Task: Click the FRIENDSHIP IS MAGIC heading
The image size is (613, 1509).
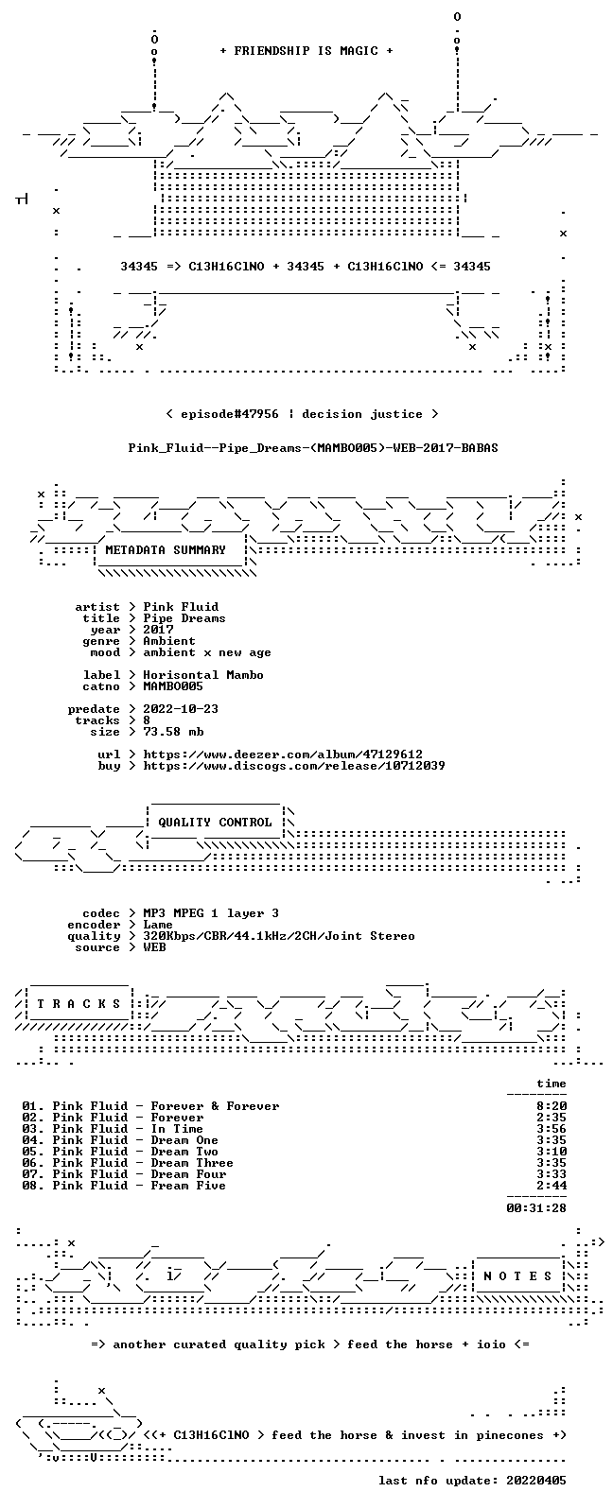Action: point(306,50)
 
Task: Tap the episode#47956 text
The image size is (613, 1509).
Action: point(229,413)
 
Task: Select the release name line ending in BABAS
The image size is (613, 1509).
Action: point(313,447)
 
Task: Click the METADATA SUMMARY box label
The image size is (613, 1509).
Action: point(166,549)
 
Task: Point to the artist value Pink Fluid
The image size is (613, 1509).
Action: point(181,606)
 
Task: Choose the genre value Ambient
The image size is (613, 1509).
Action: point(169,641)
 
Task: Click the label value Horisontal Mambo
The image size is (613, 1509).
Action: point(203,674)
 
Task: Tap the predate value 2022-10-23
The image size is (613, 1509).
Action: point(181,709)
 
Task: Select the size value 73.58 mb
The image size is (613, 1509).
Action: point(173,732)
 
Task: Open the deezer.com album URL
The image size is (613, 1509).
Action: point(283,754)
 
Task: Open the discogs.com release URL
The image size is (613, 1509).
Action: point(294,765)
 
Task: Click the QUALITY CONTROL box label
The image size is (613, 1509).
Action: point(215,822)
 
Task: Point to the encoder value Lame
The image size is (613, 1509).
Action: point(158,925)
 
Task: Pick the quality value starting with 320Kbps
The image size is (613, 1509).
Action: point(278,936)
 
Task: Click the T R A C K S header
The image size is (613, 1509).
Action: point(79,1004)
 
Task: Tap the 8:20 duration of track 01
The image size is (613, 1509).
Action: point(552,1105)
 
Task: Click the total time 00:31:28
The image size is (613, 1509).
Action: point(536,1208)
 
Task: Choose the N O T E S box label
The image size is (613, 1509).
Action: point(517,1275)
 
